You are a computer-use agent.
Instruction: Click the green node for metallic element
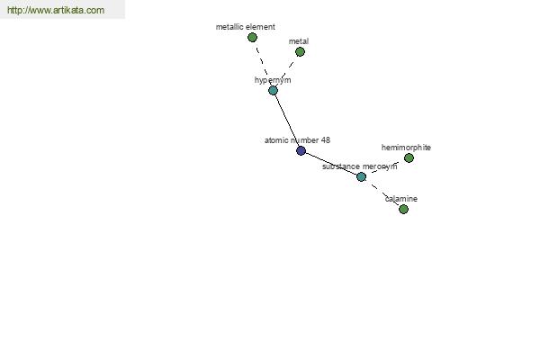click(252, 37)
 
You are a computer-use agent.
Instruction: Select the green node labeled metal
click(300, 51)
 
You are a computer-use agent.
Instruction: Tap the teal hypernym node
click(273, 91)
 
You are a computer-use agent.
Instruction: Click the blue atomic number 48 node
click(301, 150)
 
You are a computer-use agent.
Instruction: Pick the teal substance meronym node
click(361, 176)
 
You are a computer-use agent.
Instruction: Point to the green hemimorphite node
click(409, 157)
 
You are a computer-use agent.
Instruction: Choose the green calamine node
click(403, 209)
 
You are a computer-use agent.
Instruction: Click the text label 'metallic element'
click(246, 27)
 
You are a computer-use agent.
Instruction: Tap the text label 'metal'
click(299, 41)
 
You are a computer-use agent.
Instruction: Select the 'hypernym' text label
click(273, 80)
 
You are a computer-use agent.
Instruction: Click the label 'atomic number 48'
click(297, 140)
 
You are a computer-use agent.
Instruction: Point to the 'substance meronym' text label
click(359, 166)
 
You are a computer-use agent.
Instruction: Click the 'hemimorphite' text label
click(406, 148)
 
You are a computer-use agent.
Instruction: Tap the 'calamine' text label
click(401, 199)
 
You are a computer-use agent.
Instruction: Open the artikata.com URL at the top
click(56, 10)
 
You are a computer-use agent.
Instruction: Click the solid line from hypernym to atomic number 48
click(287, 121)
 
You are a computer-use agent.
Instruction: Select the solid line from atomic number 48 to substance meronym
click(331, 164)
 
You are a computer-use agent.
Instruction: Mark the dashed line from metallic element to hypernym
click(263, 64)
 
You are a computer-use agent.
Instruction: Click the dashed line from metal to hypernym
click(286, 71)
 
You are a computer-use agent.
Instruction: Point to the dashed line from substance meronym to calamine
click(382, 193)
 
